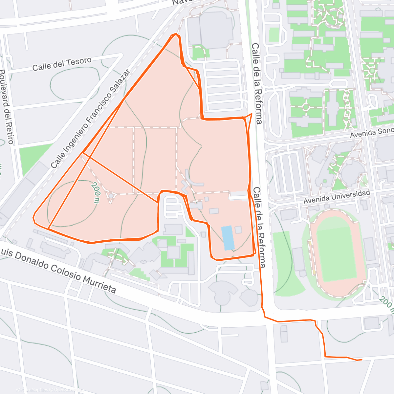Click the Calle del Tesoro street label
click(62, 64)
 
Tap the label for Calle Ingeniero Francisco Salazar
click(91, 119)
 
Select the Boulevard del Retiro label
click(7, 107)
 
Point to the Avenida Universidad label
click(337, 196)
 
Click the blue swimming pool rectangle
click(228, 238)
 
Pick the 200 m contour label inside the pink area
click(96, 193)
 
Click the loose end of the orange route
click(361, 360)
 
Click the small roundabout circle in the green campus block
click(306, 107)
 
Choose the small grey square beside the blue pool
click(238, 230)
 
